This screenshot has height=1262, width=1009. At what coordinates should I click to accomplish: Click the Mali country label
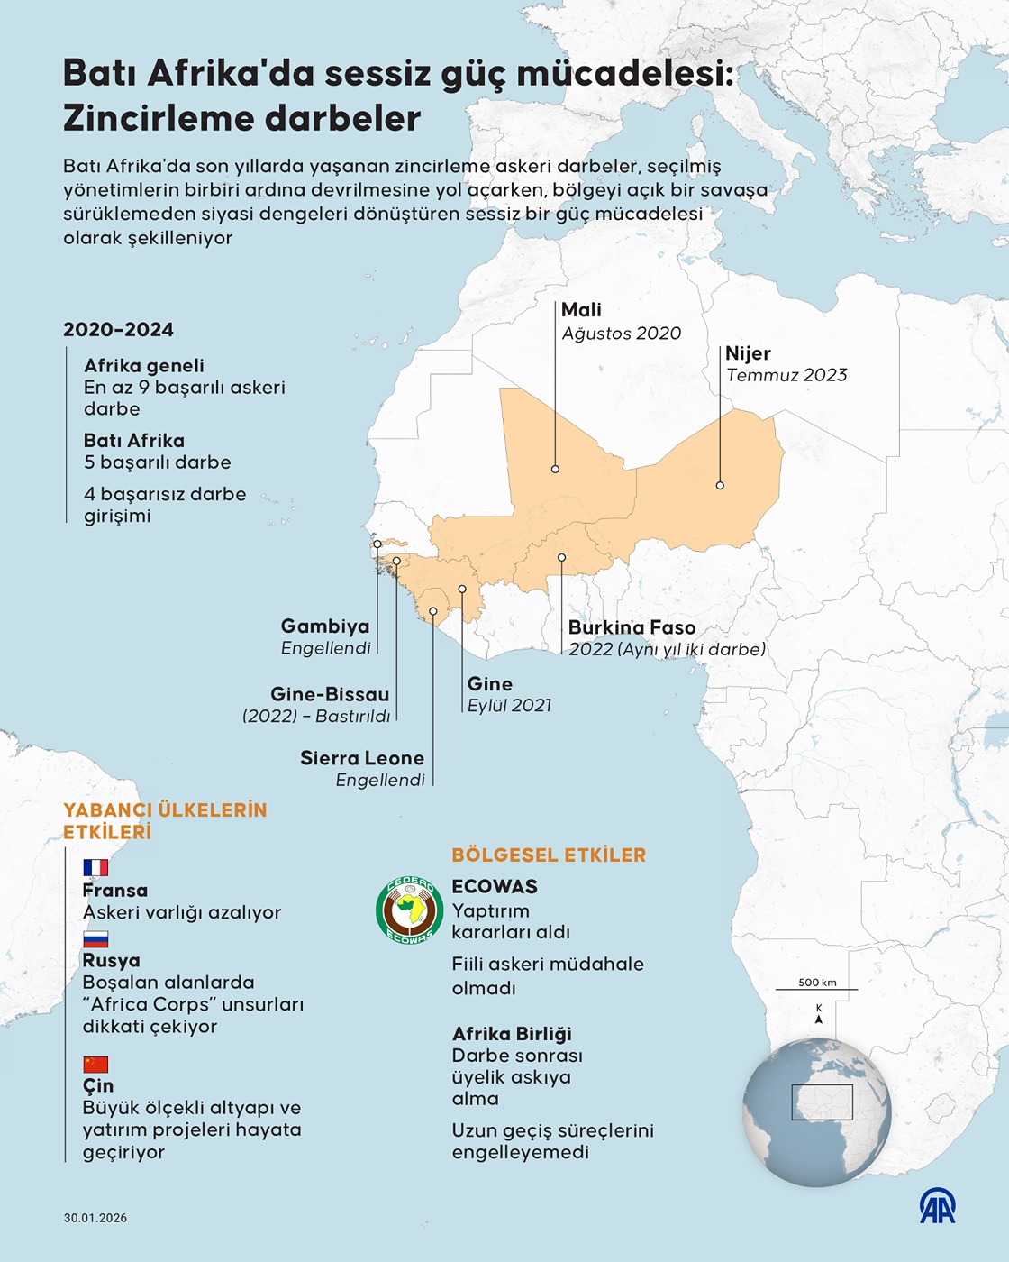click(x=581, y=310)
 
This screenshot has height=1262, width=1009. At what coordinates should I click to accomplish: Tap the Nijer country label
click(x=748, y=353)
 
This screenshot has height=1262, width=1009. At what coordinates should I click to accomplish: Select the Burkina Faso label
click(x=632, y=627)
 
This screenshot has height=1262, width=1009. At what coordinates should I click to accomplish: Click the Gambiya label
click(x=325, y=626)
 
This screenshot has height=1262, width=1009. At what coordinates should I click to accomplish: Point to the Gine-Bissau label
click(x=330, y=694)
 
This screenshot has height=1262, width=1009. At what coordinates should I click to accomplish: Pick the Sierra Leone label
click(x=362, y=758)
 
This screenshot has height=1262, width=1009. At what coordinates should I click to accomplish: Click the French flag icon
click(x=95, y=867)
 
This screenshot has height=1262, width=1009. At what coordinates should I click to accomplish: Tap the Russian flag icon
click(x=95, y=938)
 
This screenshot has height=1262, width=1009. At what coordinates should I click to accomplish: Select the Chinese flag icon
click(x=95, y=1064)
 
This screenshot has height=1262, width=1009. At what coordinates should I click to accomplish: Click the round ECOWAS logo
click(x=409, y=910)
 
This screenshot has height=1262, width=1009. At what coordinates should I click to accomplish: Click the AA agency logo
click(x=937, y=1206)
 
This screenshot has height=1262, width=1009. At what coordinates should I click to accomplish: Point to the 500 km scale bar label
click(x=817, y=983)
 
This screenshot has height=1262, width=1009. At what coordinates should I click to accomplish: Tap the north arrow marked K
click(x=818, y=1015)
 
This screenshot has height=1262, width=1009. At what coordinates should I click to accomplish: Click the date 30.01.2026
click(x=95, y=1218)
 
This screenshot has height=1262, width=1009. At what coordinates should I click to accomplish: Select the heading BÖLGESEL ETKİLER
click(x=549, y=855)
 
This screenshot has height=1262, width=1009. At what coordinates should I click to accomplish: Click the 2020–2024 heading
click(x=118, y=330)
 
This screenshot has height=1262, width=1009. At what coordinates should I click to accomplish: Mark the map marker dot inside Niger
click(x=720, y=485)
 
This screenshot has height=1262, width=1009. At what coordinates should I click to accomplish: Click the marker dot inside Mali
click(x=555, y=469)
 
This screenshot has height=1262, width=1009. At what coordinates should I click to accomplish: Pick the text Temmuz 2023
click(x=786, y=375)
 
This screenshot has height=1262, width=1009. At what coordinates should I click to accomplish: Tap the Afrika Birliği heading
click(x=512, y=1034)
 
